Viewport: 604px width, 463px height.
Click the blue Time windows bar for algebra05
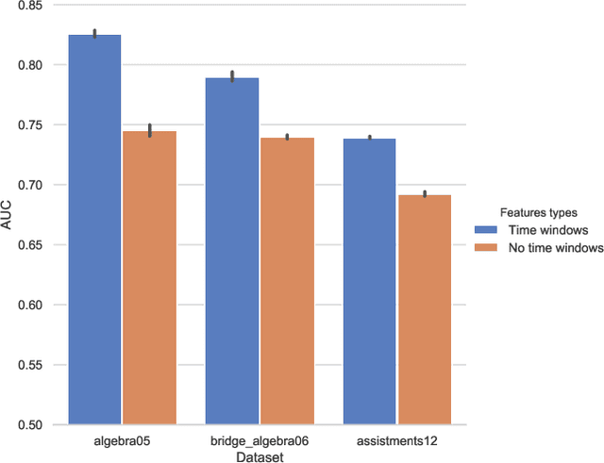pyautogui.click(x=94, y=230)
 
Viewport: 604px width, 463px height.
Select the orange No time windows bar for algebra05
pyautogui.click(x=150, y=278)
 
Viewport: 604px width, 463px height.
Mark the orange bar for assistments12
pyautogui.click(x=425, y=310)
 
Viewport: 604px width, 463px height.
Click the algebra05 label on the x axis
pyautogui.click(x=122, y=439)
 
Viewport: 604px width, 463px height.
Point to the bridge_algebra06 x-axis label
pyautogui.click(x=260, y=439)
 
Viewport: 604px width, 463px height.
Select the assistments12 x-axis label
pyautogui.click(x=396, y=439)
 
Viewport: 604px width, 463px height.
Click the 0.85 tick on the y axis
pyautogui.click(x=28, y=6)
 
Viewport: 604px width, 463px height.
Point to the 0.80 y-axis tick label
pyautogui.click(x=28, y=65)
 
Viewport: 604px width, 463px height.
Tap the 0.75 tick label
pyautogui.click(x=28, y=125)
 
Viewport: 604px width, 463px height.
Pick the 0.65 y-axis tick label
pyautogui.click(x=28, y=245)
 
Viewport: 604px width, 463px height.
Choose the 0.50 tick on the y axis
pyautogui.click(x=28, y=425)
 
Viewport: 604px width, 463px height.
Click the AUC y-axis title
pyautogui.click(x=8, y=215)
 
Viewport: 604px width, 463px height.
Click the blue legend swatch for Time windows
pyautogui.click(x=486, y=230)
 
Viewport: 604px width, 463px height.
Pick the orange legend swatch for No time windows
pyautogui.click(x=486, y=247)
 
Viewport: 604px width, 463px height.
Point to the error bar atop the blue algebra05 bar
pyautogui.click(x=94, y=33)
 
